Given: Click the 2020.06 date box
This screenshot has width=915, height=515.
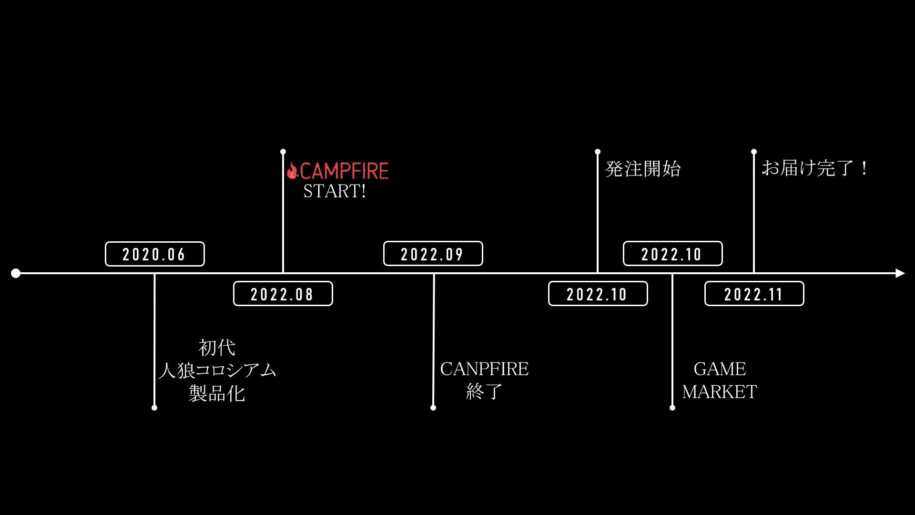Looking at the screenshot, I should (154, 254).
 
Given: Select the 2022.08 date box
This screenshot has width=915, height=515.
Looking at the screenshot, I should (283, 294).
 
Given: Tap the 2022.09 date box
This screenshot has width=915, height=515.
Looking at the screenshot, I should (433, 254).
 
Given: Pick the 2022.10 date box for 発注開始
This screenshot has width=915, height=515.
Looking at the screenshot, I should (598, 294).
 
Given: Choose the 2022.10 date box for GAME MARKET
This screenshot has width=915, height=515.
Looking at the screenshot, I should (672, 254).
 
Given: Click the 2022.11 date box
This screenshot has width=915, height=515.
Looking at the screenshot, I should (754, 294).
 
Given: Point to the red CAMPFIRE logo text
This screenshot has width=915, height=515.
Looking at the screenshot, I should (344, 171).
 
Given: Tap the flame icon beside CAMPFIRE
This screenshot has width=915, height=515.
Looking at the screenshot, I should (292, 171).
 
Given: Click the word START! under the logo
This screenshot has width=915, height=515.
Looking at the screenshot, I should (335, 191).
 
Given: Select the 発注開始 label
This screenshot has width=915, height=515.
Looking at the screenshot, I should (643, 169).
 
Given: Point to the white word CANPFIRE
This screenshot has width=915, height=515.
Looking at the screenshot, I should (484, 369).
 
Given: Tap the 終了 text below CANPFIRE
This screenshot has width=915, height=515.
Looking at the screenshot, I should (484, 391).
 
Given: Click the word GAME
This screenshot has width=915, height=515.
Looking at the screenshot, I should (720, 369).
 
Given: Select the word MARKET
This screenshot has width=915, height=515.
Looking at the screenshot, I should (720, 392).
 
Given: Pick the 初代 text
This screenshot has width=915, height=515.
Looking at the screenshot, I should (217, 348).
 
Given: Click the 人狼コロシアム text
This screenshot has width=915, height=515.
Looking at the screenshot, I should (217, 371).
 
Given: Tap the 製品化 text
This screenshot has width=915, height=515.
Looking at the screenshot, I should (217, 393).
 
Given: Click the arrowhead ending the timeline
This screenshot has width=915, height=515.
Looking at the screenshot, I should (900, 273).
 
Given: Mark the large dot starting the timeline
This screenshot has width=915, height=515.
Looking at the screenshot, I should (16, 273).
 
